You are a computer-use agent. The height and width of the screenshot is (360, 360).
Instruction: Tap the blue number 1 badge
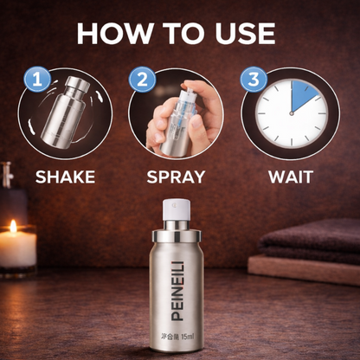tap(35, 80)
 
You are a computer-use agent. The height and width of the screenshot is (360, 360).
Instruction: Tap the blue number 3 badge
tap(252, 80)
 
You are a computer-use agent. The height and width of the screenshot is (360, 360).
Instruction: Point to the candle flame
tap(12, 226)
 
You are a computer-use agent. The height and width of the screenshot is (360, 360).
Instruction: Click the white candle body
tap(16, 250)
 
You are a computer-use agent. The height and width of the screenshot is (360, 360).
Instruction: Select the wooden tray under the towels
tap(303, 271)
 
